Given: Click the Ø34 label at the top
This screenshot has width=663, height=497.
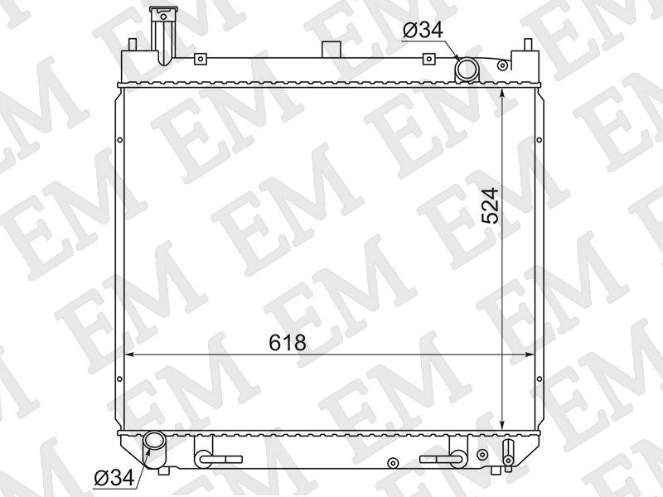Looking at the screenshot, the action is (x=423, y=30).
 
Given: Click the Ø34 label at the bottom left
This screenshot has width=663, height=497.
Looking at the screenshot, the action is (x=114, y=478).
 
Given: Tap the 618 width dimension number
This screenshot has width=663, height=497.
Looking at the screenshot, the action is (x=288, y=343).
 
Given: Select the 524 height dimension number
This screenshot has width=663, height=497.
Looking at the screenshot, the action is (x=491, y=205).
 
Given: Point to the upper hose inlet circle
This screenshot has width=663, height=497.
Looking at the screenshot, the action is (x=467, y=69).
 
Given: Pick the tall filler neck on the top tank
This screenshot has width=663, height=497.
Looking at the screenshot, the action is (x=163, y=36).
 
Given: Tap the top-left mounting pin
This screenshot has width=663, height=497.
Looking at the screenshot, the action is (x=132, y=45).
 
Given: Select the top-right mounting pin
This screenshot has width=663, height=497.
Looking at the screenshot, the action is (x=528, y=45).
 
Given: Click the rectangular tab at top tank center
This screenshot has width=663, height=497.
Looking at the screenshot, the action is (x=331, y=50).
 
